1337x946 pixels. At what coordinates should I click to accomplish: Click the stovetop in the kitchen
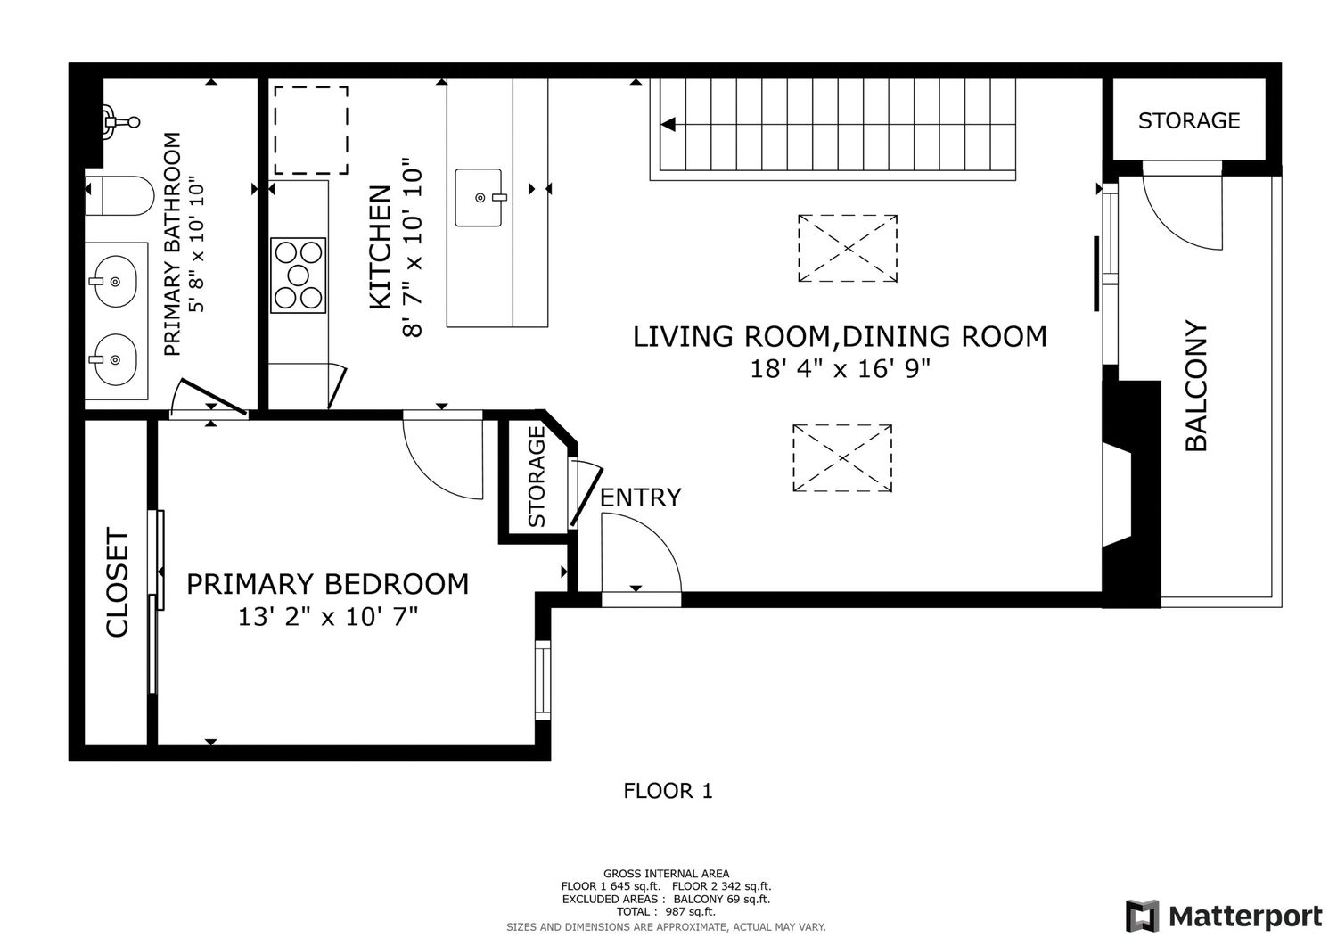click(x=298, y=276)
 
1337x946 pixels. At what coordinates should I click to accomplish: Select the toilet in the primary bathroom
click(x=119, y=196)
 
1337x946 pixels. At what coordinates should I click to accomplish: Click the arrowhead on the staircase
click(x=668, y=124)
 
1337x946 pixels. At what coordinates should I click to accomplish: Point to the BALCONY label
click(x=1195, y=386)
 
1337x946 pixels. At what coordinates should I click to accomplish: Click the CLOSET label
click(x=117, y=582)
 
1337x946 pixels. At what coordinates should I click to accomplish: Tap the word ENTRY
click(x=640, y=498)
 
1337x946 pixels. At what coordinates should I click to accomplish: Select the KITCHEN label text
click(x=381, y=247)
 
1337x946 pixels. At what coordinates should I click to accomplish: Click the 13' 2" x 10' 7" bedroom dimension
click(x=328, y=616)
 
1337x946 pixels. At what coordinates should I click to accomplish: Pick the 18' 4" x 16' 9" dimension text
click(x=840, y=368)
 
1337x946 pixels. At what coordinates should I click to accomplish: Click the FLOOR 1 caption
click(x=668, y=791)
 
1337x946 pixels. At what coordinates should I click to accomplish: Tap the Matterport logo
click(x=1224, y=916)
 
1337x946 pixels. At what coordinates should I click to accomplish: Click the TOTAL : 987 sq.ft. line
click(x=666, y=911)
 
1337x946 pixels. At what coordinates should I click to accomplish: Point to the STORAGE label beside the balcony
click(x=1189, y=120)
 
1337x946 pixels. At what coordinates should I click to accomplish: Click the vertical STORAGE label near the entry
click(x=537, y=476)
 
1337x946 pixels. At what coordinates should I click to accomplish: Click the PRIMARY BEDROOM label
click(x=328, y=583)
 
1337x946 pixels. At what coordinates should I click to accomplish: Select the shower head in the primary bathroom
click(x=120, y=122)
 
